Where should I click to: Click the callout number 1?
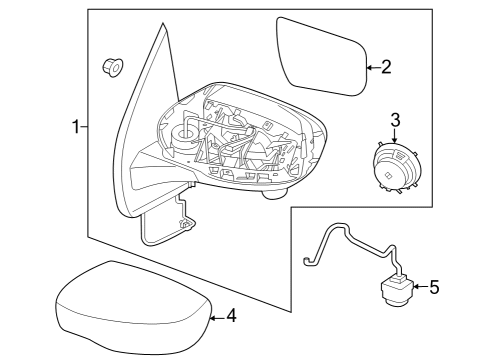[x=75, y=127]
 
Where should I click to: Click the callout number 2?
[x=386, y=67]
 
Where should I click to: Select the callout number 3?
[x=395, y=121]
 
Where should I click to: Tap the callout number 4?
[x=231, y=317]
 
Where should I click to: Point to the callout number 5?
[x=433, y=288]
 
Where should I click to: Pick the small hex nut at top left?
[x=112, y=68]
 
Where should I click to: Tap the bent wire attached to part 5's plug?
[x=340, y=245]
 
